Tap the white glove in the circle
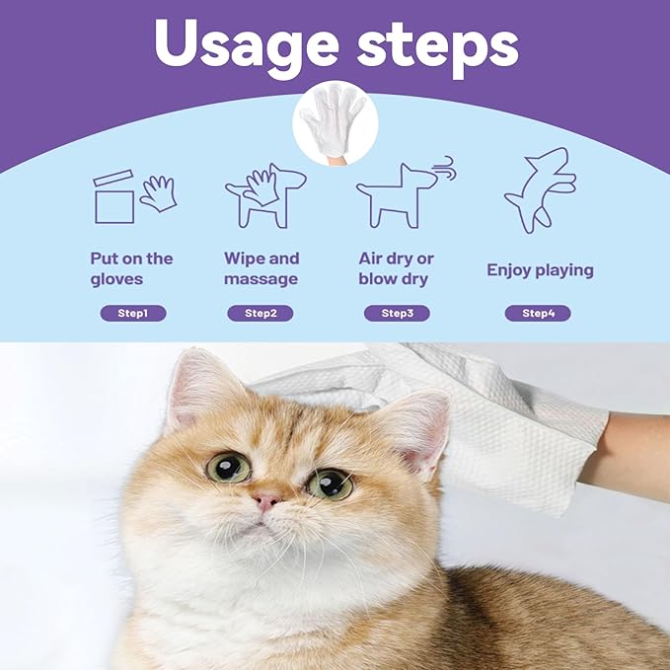point(335,122)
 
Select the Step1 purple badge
point(133,314)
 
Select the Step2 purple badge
point(261,314)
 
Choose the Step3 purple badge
point(397,314)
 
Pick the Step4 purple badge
point(538,314)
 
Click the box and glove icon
point(133,196)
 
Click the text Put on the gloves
point(131,268)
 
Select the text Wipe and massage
point(261,268)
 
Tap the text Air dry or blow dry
point(397,268)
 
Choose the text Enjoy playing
point(540,269)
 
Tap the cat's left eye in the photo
point(228,467)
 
